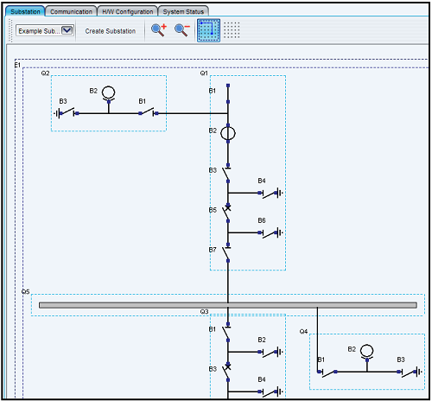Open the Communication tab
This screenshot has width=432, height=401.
click(x=72, y=12)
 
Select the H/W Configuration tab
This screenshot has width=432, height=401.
click(x=127, y=12)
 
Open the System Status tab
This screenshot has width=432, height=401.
click(x=184, y=12)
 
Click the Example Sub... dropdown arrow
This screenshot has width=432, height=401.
click(x=67, y=30)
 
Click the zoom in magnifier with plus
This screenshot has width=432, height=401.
click(x=159, y=30)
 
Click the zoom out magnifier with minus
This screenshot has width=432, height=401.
click(x=181, y=30)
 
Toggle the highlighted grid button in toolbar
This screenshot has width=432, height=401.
click(x=207, y=31)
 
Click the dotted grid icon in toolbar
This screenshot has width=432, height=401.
click(x=232, y=31)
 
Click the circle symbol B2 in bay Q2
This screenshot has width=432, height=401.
click(x=108, y=92)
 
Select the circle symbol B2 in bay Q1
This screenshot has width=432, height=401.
click(x=227, y=133)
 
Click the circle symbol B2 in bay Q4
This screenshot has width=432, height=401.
click(x=366, y=351)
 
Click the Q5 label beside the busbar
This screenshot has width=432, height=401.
click(x=26, y=293)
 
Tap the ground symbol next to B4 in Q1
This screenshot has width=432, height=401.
click(x=279, y=193)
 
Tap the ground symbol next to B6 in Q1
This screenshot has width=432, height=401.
click(x=279, y=232)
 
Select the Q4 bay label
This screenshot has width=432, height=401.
click(x=304, y=331)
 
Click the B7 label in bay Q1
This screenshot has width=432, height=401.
click(x=213, y=249)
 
